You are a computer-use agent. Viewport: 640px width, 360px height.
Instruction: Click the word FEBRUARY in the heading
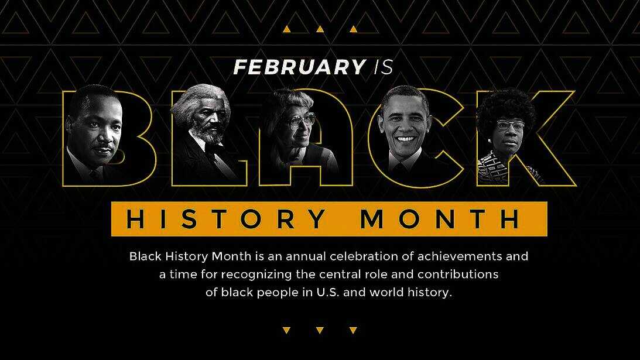pyautogui.click(x=299, y=67)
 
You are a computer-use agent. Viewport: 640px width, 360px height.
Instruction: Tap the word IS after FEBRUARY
pyautogui.click(x=384, y=67)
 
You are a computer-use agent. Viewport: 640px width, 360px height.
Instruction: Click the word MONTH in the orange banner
pyautogui.click(x=440, y=219)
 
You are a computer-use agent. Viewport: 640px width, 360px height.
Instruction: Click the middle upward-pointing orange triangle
pyautogui.click(x=320, y=29)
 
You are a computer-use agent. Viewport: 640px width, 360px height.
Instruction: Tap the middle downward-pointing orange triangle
pyautogui.click(x=320, y=330)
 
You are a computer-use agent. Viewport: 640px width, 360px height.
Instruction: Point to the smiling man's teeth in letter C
pyautogui.click(x=405, y=139)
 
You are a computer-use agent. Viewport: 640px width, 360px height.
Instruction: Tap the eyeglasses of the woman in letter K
pyautogui.click(x=510, y=125)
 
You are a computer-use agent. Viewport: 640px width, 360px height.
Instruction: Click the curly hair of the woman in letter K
pyautogui.click(x=506, y=107)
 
